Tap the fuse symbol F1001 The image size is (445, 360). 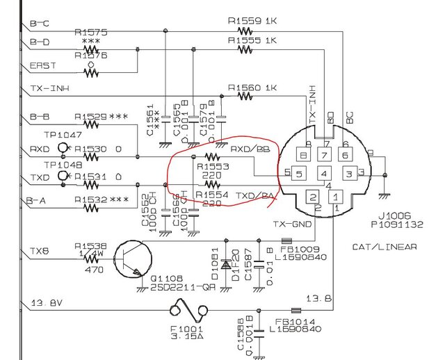click(191, 307)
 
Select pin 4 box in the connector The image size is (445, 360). click(324, 172)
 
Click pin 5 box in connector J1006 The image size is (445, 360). click(298, 173)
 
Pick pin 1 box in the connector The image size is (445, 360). click(335, 197)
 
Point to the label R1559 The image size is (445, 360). click(243, 21)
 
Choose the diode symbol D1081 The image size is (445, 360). click(225, 265)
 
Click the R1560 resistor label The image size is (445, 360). click(243, 88)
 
